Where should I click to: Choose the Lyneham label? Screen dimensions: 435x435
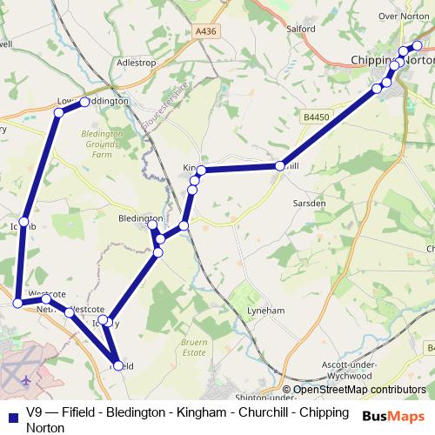265,311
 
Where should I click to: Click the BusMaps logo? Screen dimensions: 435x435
393,416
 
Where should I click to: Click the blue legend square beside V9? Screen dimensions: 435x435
11,413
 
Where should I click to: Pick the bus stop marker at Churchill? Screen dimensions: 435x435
279,165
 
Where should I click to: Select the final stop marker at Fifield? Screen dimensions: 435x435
117,365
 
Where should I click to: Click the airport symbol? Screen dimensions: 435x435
25,380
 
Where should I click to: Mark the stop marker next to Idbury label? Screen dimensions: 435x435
104,321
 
